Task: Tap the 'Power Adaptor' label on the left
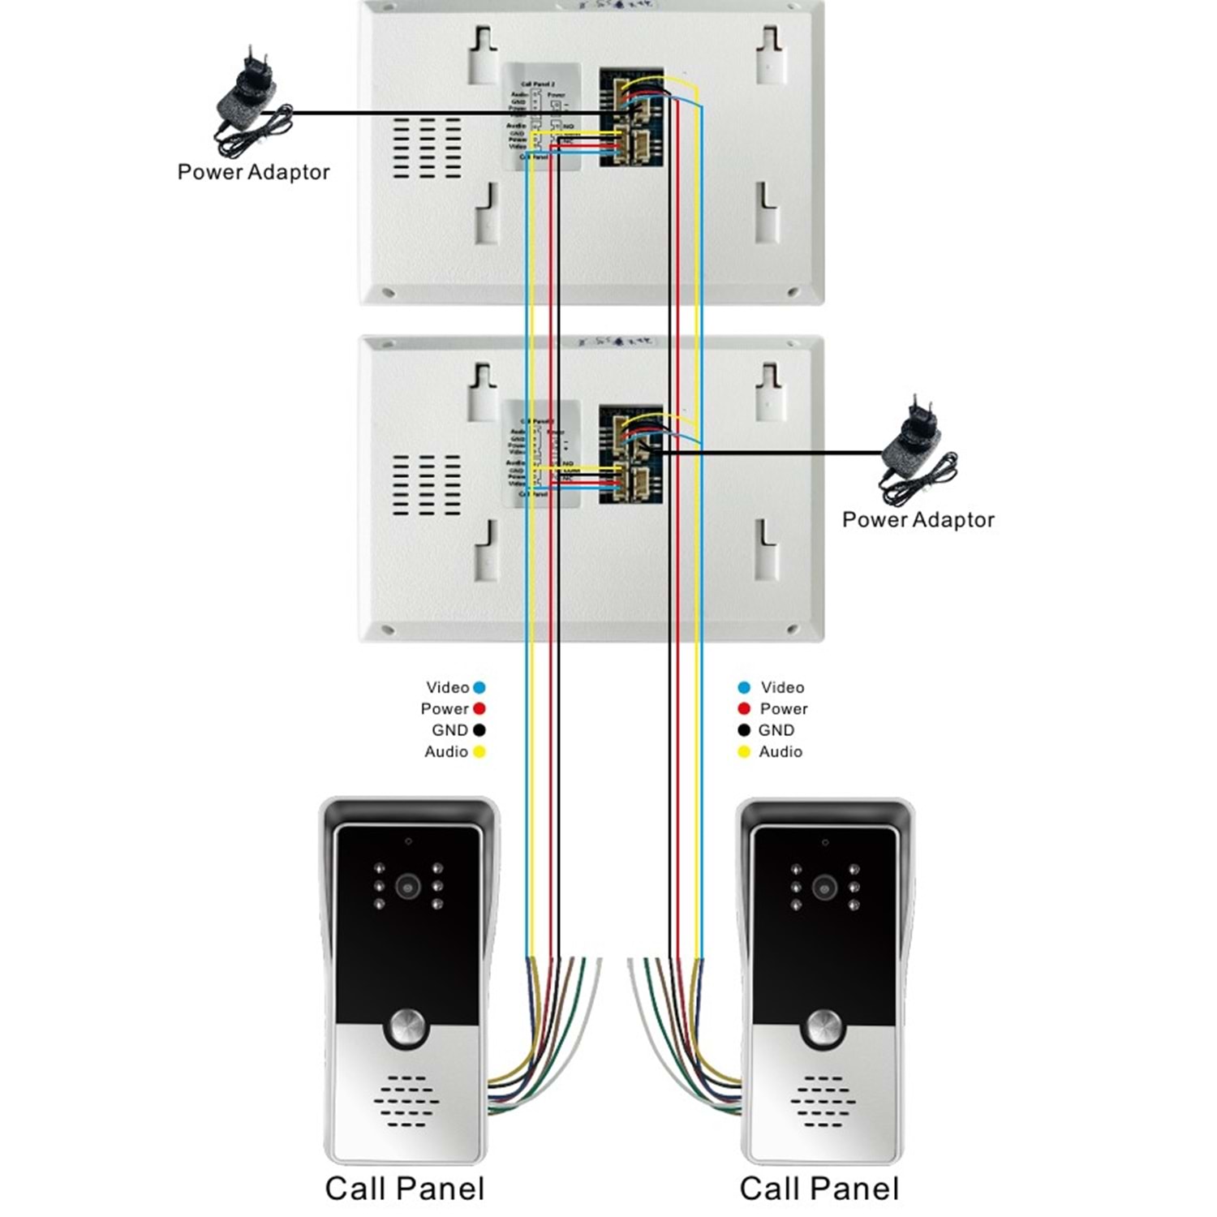pos(253,172)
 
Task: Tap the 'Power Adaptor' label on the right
pos(918,520)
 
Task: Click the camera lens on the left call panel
pos(407,886)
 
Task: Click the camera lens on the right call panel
pos(824,888)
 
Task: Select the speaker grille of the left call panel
pos(406,1101)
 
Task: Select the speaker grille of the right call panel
pos(823,1101)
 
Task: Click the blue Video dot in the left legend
pos(479,688)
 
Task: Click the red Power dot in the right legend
pos(744,709)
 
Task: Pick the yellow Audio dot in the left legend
pos(479,752)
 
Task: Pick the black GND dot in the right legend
pos(744,730)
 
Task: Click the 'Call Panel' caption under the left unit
pos(405,1189)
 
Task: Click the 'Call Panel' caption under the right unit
pos(819,1189)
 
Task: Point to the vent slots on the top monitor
pos(427,148)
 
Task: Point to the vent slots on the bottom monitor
pos(427,485)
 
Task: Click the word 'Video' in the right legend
pos(782,688)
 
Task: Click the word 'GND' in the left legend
pos(449,730)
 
